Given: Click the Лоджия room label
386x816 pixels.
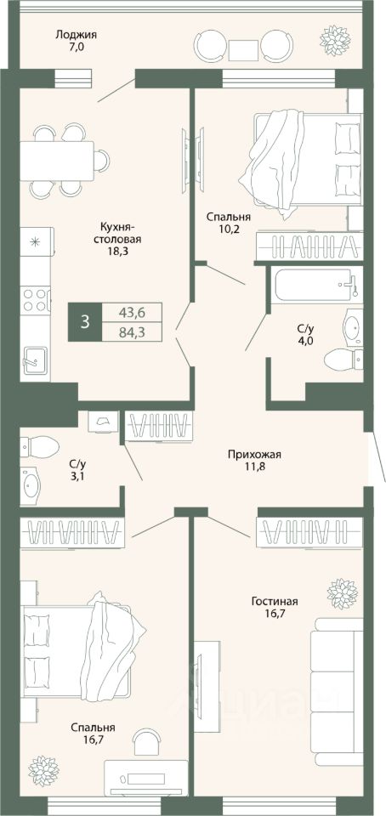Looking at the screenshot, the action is tap(77, 36).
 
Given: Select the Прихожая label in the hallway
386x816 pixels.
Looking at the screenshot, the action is tap(254, 455).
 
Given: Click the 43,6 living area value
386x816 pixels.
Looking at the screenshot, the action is tap(132, 312).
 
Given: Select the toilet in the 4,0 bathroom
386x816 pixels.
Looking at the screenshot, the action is tap(343, 359).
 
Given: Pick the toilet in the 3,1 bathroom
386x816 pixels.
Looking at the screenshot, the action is tap(40, 446).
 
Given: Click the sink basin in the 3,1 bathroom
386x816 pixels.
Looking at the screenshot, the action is tap(31, 485).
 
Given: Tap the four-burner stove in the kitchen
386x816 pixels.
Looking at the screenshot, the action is tap(36, 300).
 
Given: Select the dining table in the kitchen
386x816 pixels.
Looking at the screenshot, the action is tap(57, 160).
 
